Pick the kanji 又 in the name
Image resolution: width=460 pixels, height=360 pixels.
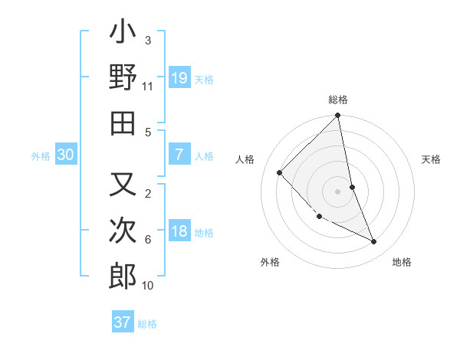[x=123, y=186]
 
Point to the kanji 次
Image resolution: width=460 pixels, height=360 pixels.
[x=123, y=232]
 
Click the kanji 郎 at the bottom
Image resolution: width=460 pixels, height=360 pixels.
[x=123, y=277]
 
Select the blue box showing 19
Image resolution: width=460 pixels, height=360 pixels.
[x=179, y=77]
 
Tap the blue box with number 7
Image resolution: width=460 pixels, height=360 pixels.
[x=179, y=154]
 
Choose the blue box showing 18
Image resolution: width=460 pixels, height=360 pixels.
[x=179, y=232]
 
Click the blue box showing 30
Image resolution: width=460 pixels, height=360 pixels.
[x=65, y=155]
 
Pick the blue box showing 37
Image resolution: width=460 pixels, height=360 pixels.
[x=123, y=322]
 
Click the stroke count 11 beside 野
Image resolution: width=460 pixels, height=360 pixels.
[x=147, y=87]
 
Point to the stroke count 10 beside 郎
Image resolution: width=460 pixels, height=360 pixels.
[x=148, y=286]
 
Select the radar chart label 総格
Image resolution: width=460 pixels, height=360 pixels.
[x=338, y=100]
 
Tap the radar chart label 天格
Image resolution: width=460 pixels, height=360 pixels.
[x=431, y=159]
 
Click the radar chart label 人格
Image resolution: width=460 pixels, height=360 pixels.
[x=245, y=159]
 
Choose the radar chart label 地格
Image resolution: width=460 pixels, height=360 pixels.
[x=402, y=263]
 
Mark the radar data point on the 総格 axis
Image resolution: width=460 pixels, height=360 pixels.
[x=338, y=116]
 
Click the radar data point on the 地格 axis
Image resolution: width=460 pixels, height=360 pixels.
[x=374, y=242]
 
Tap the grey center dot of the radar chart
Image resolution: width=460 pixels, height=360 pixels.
[x=338, y=191]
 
